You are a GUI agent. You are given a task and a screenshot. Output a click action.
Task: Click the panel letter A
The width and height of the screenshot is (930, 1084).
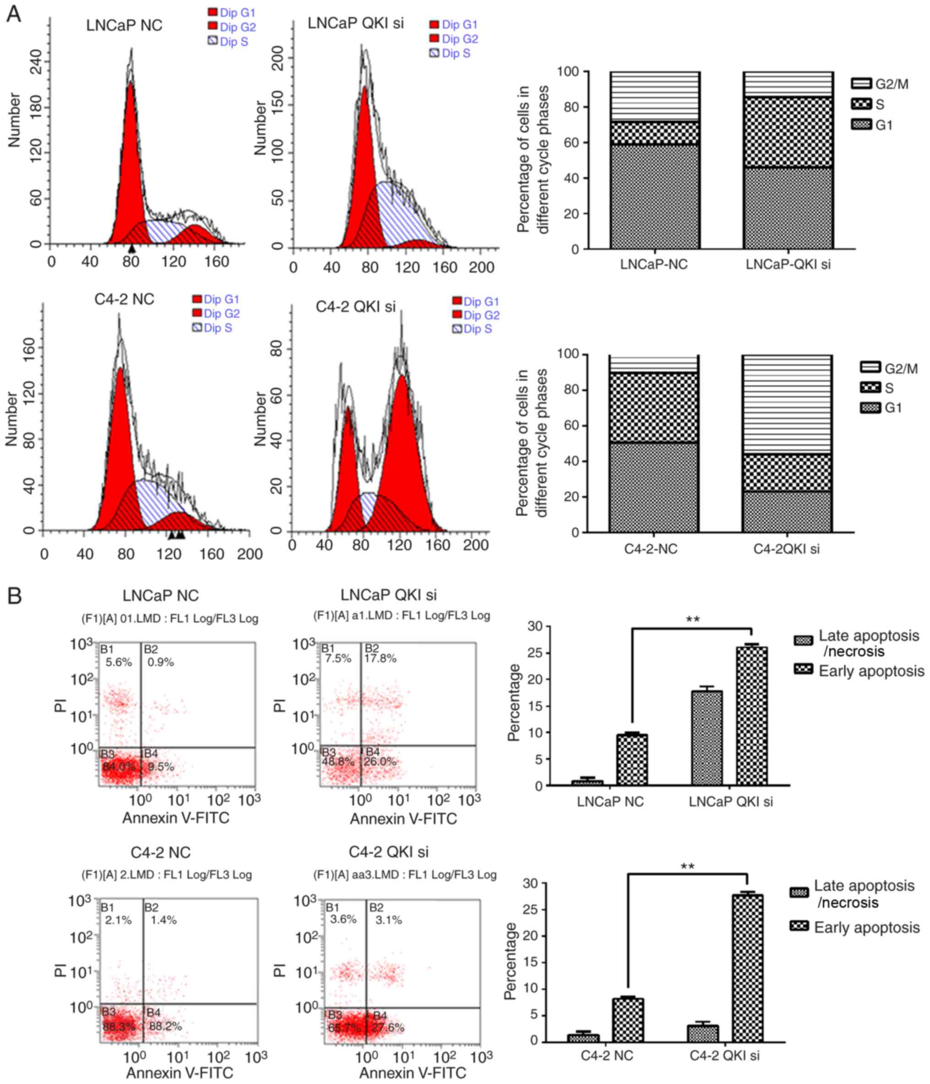pyautogui.click(x=14, y=14)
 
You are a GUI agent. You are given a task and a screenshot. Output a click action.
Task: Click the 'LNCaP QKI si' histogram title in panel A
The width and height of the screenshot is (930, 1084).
pyautogui.click(x=355, y=23)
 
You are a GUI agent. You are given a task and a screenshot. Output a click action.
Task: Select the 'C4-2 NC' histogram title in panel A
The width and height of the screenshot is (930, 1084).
pyautogui.click(x=124, y=299)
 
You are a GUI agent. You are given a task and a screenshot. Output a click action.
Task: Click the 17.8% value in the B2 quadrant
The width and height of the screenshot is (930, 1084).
pyautogui.click(x=381, y=658)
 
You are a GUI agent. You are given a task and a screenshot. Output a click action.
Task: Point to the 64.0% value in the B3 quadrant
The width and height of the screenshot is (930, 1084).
pyautogui.click(x=119, y=767)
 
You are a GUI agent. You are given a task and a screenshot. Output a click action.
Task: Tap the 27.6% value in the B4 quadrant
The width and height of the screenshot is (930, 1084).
pyautogui.click(x=388, y=1028)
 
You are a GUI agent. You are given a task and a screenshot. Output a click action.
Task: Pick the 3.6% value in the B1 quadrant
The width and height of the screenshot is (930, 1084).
pyautogui.click(x=343, y=919)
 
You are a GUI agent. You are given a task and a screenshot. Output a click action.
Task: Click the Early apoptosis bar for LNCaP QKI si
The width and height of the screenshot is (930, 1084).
pyautogui.click(x=751, y=716)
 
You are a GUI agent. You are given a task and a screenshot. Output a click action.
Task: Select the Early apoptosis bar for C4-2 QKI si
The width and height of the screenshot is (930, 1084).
pyautogui.click(x=747, y=967)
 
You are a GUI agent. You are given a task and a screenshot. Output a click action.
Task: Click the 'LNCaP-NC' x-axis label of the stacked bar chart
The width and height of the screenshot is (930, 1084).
pyautogui.click(x=654, y=265)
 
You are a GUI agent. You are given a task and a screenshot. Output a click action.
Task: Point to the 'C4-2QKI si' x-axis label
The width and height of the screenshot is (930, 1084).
pyautogui.click(x=786, y=549)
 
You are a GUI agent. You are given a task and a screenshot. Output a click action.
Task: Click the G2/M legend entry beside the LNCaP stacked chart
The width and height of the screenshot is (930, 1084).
pyautogui.click(x=879, y=84)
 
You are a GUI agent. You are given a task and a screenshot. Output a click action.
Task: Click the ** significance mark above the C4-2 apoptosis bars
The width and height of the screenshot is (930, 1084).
pyautogui.click(x=687, y=867)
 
